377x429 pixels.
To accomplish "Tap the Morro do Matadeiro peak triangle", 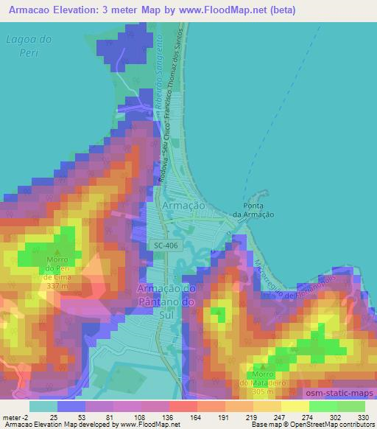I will [x=263, y=366].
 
